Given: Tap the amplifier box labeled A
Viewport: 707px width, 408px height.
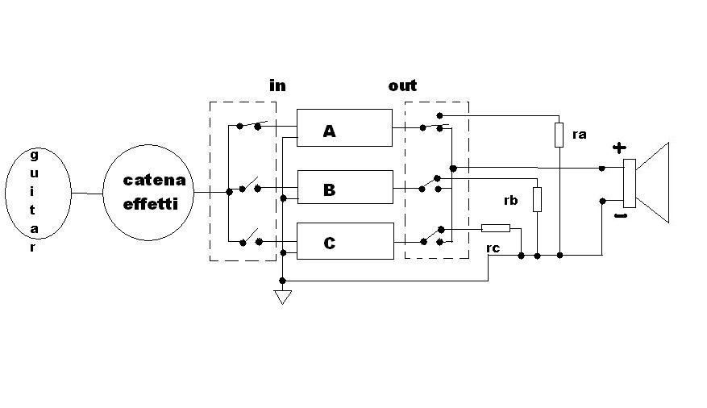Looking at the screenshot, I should click(344, 128).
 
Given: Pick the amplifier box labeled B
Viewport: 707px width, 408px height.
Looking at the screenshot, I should click(344, 189).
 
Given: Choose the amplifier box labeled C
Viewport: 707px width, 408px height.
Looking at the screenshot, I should click(344, 241).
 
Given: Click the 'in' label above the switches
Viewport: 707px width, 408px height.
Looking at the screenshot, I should click(277, 85).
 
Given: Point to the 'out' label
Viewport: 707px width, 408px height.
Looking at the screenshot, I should click(402, 85).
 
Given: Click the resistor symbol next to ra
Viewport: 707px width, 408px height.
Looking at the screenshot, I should click(559, 135).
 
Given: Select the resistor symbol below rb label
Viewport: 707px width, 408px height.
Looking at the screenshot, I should click(537, 199).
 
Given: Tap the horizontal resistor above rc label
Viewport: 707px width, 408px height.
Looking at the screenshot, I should click(495, 228).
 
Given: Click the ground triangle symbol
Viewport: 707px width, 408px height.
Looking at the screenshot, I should click(282, 297).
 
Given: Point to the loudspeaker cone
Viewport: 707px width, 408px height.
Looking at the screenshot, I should click(655, 182).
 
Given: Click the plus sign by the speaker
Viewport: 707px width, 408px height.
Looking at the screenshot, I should click(618, 148).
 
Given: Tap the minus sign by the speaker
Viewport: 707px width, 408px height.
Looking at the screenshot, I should click(620, 216).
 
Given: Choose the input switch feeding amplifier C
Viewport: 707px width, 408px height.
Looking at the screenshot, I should click(248, 239).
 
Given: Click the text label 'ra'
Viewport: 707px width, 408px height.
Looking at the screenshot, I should click(579, 135).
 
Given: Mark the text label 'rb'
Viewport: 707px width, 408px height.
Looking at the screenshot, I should click(509, 201).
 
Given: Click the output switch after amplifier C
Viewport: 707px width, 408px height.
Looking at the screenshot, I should click(432, 235).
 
